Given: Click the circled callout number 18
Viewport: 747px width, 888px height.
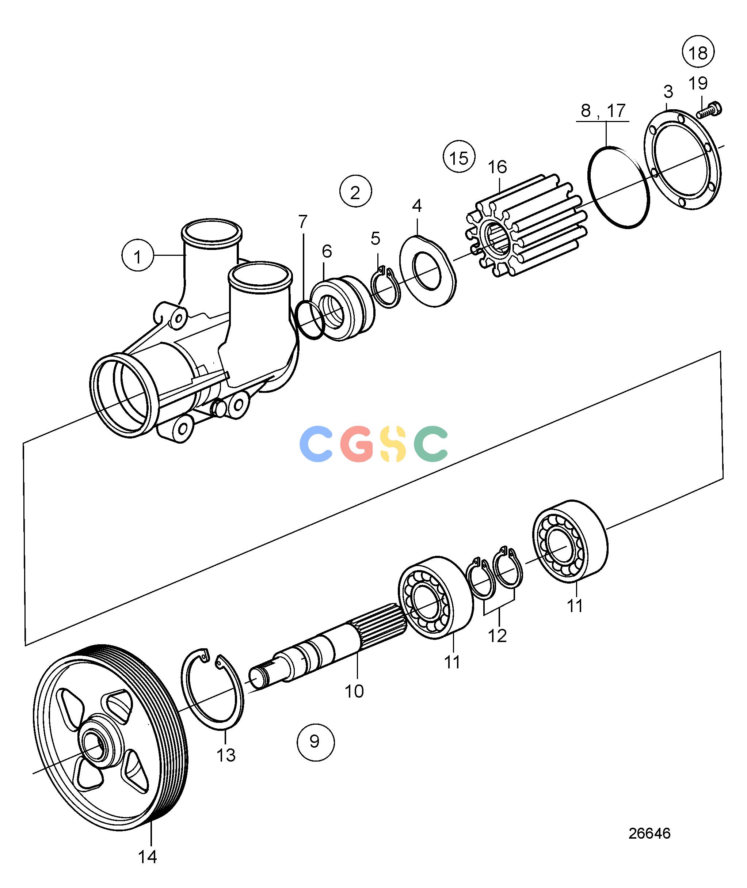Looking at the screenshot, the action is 698,53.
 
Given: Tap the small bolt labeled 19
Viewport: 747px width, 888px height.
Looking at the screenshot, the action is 709,109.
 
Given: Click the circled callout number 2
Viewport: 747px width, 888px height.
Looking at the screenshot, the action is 356,191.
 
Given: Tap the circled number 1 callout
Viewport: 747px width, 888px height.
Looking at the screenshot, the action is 138,256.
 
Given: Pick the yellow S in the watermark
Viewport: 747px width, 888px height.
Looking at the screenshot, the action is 393,443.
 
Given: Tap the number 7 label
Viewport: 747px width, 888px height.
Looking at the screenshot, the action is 302,223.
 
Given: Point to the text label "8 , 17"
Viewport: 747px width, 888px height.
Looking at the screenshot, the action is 603,111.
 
